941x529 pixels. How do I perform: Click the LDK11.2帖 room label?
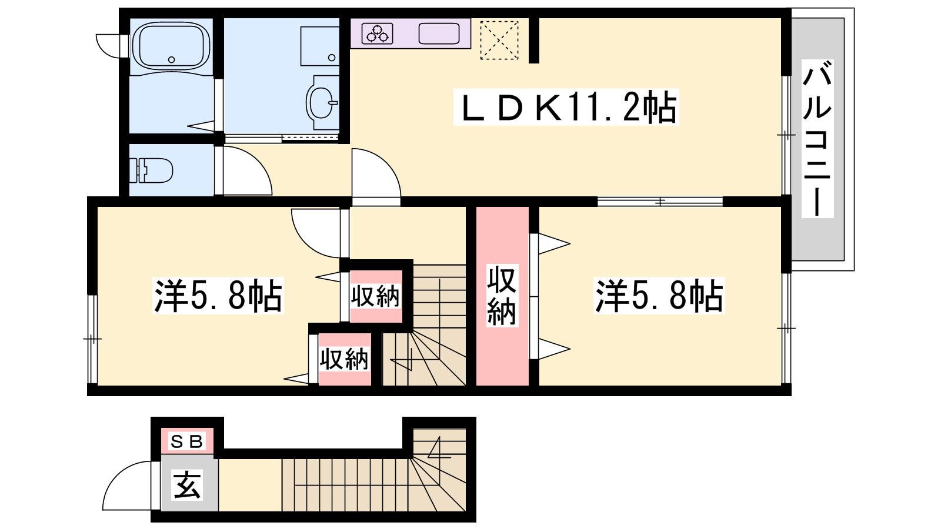pyautogui.click(x=566, y=107)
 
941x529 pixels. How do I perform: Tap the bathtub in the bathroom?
pyautogui.click(x=171, y=46)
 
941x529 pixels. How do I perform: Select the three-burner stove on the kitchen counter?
pyautogui.click(x=377, y=34)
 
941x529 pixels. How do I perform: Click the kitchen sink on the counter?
pyautogui.click(x=439, y=34)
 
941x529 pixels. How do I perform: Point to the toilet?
pyautogui.click(x=151, y=170)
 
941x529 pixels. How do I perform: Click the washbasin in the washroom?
pyautogui.click(x=322, y=103)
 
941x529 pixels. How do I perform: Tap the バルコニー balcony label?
pyautogui.click(x=817, y=139)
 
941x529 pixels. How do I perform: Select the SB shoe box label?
pyautogui.click(x=187, y=441)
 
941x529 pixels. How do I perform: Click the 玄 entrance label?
pyautogui.click(x=188, y=484)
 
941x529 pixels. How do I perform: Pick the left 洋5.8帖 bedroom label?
pyautogui.click(x=218, y=296)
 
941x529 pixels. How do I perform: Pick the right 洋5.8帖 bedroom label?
pyautogui.click(x=659, y=296)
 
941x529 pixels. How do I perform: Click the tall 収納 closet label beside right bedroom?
pyautogui.click(x=502, y=296)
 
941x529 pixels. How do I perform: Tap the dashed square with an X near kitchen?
pyautogui.click(x=499, y=40)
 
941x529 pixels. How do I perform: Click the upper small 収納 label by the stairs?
pyautogui.click(x=375, y=296)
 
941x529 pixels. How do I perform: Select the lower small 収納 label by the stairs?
pyautogui.click(x=344, y=359)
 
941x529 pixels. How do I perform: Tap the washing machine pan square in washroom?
pyautogui.click(x=320, y=46)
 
